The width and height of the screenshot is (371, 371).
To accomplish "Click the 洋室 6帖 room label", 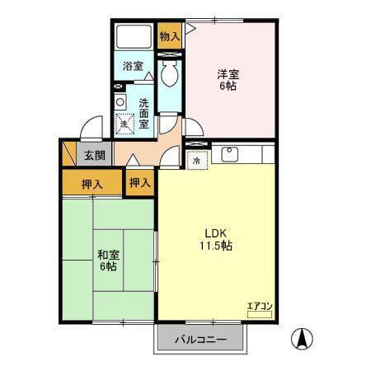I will pyautogui.click(x=228, y=79).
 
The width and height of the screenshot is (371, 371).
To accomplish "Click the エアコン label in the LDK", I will pyautogui.click(x=261, y=307).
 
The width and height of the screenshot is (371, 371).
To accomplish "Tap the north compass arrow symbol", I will pyautogui.click(x=303, y=338).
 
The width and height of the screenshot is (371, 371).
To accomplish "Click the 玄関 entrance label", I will pyautogui.click(x=94, y=154).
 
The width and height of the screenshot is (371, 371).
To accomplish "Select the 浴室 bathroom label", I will pyautogui.click(x=134, y=66).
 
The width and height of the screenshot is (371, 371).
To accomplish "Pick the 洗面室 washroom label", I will pyautogui.click(x=143, y=113).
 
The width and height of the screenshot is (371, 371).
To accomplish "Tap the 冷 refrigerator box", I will pyautogui.click(x=196, y=162).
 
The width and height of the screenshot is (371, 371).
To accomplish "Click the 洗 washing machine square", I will pyautogui.click(x=125, y=123).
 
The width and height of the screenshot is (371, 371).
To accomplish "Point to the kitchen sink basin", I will pyautogui.click(x=228, y=153).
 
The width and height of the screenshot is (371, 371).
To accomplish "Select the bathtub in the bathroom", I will pyautogui.click(x=134, y=37).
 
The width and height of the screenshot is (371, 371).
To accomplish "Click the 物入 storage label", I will pyautogui.click(x=169, y=36).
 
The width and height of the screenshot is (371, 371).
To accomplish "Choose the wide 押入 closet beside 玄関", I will pyautogui.click(x=92, y=183).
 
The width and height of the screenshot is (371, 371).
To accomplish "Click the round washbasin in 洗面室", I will pyautogui.click(x=120, y=102).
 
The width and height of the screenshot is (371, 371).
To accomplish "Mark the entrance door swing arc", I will pyautogui.click(x=90, y=129).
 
